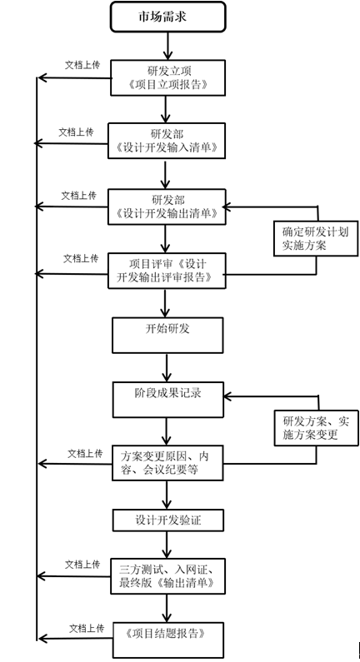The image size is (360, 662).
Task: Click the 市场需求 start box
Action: tap(167, 17)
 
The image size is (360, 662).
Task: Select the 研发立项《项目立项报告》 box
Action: tap(167, 77)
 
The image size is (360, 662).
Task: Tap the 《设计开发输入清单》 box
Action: tap(167, 141)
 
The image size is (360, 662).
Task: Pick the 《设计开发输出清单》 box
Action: tap(167, 207)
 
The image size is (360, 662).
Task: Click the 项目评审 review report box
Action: tap(167, 271)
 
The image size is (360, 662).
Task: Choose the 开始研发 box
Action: tap(167, 336)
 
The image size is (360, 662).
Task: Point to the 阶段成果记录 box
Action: tap(167, 400)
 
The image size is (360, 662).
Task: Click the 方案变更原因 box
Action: tap(167, 463)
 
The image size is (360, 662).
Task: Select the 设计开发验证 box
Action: tap(167, 520)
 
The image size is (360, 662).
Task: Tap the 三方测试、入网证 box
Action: tap(167, 576)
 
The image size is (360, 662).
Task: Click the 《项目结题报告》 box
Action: tap(167, 640)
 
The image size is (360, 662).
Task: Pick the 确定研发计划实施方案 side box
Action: tap(316, 238)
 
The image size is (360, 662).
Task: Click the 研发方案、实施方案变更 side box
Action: tap(316, 428)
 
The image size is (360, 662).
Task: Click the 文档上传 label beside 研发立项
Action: tap(82, 65)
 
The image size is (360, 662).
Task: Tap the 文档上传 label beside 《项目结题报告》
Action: tap(87, 628)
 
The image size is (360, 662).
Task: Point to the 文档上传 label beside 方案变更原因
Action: tap(85, 454)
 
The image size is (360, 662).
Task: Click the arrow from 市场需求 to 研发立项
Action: tap(167, 46)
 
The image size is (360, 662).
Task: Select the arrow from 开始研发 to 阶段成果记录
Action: tap(167, 367)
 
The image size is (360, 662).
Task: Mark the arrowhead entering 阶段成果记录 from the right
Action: tap(227, 396)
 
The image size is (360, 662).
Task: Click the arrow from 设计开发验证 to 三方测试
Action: tap(167, 545)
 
